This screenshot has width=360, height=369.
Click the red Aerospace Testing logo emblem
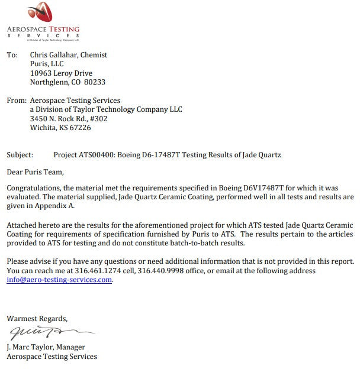tap(42, 12)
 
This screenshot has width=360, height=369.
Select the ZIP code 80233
tap(95, 82)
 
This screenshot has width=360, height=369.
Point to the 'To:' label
tap(12, 55)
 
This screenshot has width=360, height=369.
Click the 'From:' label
tap(16, 101)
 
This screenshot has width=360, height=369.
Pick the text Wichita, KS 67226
tap(60, 127)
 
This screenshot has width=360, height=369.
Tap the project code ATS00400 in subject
tap(97, 155)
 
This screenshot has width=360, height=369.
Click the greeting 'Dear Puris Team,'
tap(34, 172)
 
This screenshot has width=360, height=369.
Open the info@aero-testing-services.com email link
tap(59, 280)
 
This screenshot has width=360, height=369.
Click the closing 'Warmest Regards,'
tap(37, 318)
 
